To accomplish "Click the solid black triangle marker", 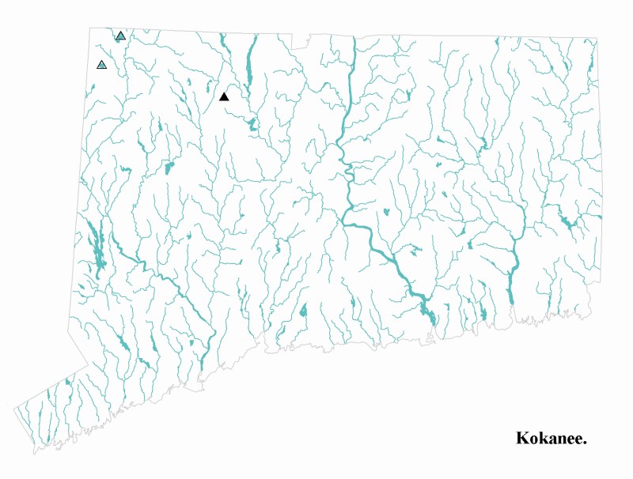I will pyautogui.click(x=224, y=96).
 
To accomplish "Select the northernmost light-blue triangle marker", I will pyautogui.click(x=120, y=36).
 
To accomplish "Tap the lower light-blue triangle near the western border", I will pyautogui.click(x=101, y=64).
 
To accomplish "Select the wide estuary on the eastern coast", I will pyautogui.click(x=510, y=285).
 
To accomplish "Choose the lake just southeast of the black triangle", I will pyautogui.click(x=252, y=124).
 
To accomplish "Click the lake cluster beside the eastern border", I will pyautogui.click(x=570, y=223).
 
